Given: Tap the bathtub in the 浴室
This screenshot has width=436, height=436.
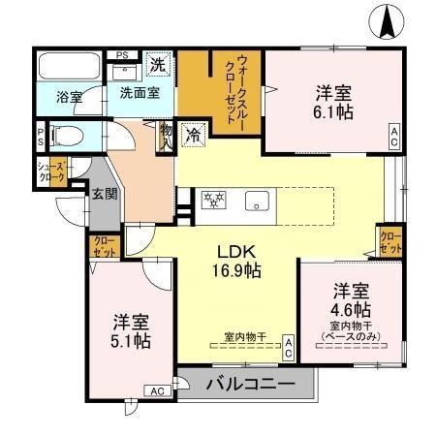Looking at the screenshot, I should tap(68, 68).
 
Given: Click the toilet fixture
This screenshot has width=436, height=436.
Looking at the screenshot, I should tap(69, 135).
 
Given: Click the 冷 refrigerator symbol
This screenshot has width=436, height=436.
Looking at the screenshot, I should tap(194, 134).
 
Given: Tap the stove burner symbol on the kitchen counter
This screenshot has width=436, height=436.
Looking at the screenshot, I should tap(213, 201).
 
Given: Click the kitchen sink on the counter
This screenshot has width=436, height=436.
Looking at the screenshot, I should tap(257, 202).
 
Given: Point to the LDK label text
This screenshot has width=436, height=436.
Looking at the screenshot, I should tap(235, 251).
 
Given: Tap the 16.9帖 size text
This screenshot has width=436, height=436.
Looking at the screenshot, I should tap(236, 270).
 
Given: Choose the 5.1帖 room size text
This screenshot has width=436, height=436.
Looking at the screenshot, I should tap(130, 341).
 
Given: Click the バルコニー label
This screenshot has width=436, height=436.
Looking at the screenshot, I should tap(250, 385).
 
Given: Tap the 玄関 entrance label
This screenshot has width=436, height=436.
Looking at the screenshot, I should tap(105, 193).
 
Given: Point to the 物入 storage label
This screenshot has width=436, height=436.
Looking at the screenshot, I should tap(166, 134).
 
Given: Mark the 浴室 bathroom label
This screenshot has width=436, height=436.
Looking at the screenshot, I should tap(68, 98).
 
